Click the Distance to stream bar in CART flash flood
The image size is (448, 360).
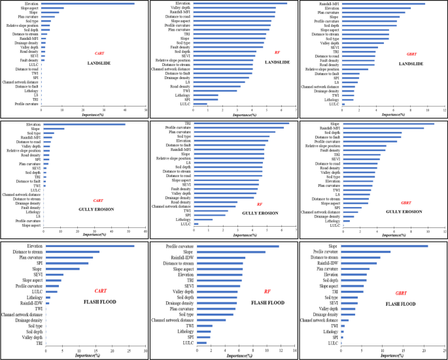click(x=73, y=252)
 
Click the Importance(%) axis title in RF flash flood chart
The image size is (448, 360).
click(x=243, y=356)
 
